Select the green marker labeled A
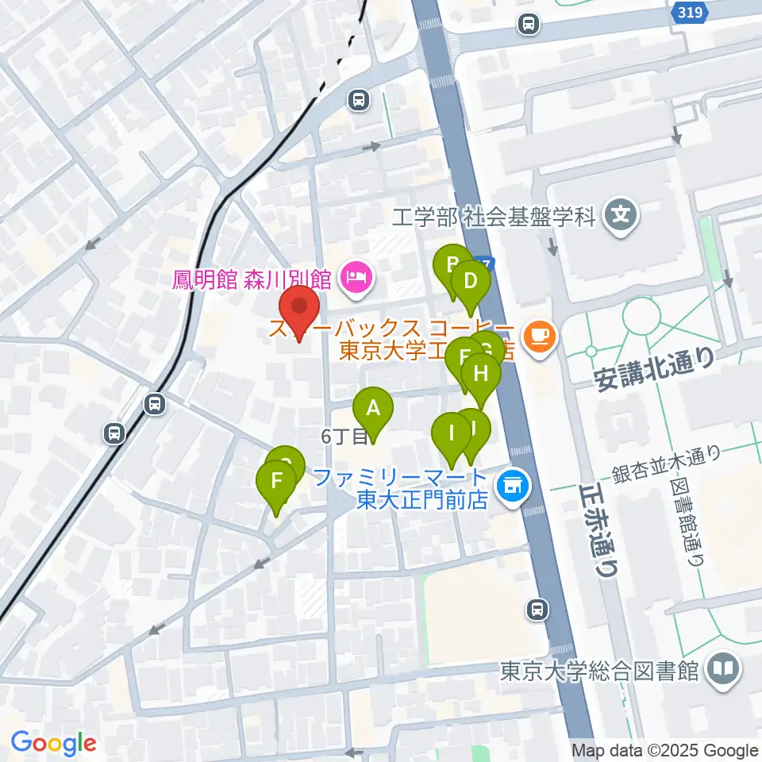point(372,410)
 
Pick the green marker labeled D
point(470,283)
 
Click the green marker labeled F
point(276,482)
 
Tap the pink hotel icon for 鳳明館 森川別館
point(353,277)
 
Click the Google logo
point(53,743)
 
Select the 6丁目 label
point(343,436)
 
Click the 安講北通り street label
point(655,370)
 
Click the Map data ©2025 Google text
point(665,750)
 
